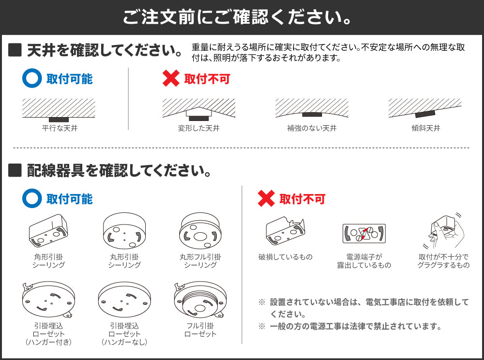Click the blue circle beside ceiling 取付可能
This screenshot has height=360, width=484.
coord(32,78)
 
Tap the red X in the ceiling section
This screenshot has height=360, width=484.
coord(171,78)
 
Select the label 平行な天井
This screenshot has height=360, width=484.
coord(60,128)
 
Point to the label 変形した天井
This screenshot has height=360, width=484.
coord(198,128)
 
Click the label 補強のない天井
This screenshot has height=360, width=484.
coord(312,128)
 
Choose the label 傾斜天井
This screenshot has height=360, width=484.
coord(425,128)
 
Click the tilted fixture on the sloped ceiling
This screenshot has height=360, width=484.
coord(425,114)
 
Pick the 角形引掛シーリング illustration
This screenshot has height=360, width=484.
coord(48,231)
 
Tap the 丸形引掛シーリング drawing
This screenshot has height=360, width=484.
coord(124,230)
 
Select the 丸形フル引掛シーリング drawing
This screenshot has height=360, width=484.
coord(200,230)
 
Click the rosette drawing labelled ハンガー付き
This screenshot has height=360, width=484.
coord(48,299)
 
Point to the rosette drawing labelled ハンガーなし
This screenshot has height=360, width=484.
coord(124,299)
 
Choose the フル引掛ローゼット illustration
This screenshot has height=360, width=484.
coord(200,299)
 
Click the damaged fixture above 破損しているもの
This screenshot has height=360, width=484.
coord(285,231)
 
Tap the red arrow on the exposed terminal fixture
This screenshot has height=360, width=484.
coord(364,234)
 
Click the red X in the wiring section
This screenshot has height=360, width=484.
coord(266,198)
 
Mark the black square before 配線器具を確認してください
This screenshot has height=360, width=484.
coord(15,170)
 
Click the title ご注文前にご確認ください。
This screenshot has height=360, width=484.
coord(238,16)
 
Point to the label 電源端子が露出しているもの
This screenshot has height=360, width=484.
coord(364,261)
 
